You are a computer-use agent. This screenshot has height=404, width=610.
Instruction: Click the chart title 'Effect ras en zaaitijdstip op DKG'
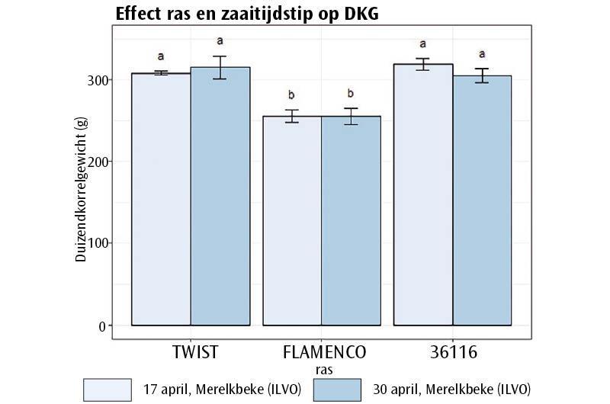pos(246,14)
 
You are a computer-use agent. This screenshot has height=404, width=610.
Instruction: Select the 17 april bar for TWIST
pos(161,200)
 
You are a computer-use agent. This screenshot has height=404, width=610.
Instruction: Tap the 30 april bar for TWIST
pos(220,197)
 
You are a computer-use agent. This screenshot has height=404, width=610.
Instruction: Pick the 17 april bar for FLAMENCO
pos(291,221)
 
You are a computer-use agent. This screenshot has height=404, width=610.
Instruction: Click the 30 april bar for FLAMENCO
pos(350,221)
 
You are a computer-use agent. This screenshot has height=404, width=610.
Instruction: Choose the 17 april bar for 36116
pos(422,195)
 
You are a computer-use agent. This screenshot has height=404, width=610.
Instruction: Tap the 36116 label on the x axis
pos(452,352)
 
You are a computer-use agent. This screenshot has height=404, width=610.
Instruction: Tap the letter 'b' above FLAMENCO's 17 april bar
pos(291,95)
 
